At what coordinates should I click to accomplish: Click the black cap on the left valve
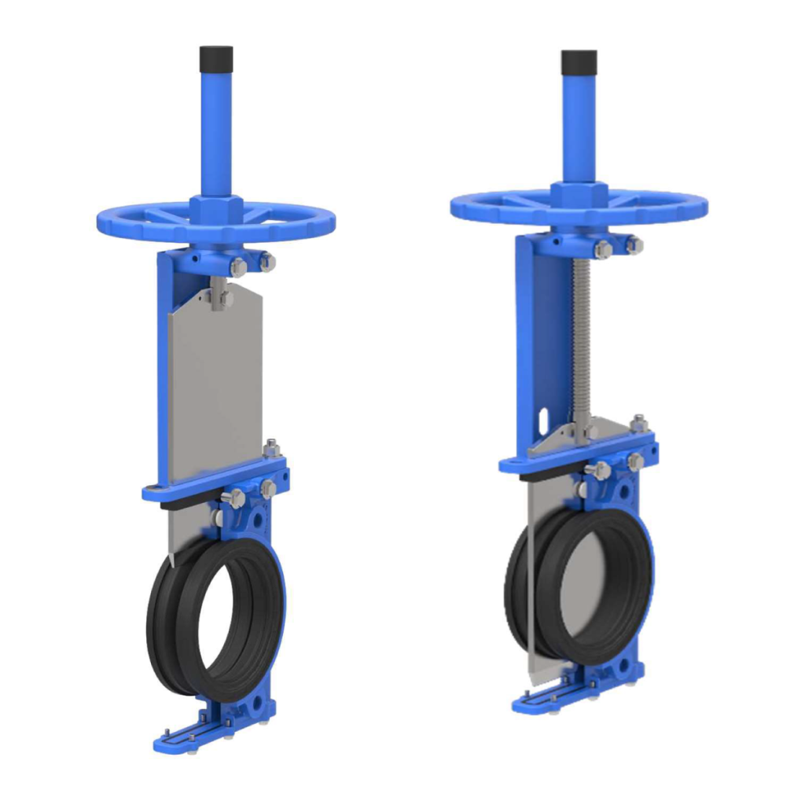(216, 57)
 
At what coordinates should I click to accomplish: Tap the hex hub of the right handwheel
(579, 194)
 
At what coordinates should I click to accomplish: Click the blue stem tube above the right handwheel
(579, 126)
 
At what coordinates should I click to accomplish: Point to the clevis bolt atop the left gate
(221, 298)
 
